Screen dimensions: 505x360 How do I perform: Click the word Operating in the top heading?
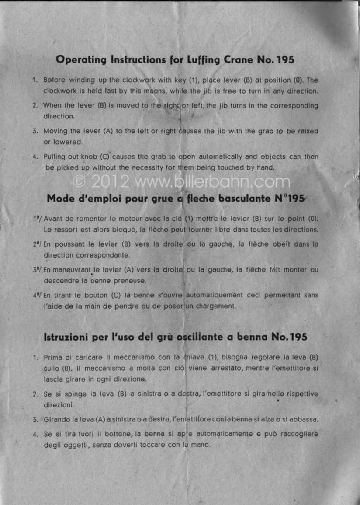tap(81, 59)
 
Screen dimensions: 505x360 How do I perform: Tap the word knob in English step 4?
tap(83, 157)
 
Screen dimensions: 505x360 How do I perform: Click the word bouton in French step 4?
tap(98, 295)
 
